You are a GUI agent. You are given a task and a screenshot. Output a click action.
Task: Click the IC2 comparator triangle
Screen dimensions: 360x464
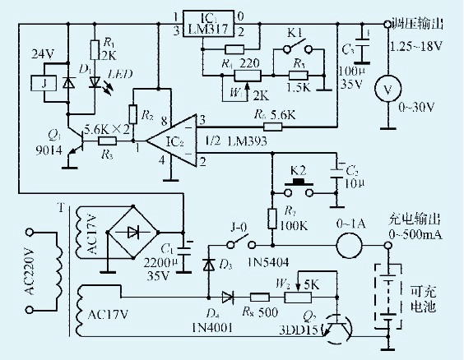(x=170, y=141)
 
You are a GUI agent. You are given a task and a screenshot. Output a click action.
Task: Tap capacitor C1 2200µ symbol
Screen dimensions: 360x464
(x=188, y=244)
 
